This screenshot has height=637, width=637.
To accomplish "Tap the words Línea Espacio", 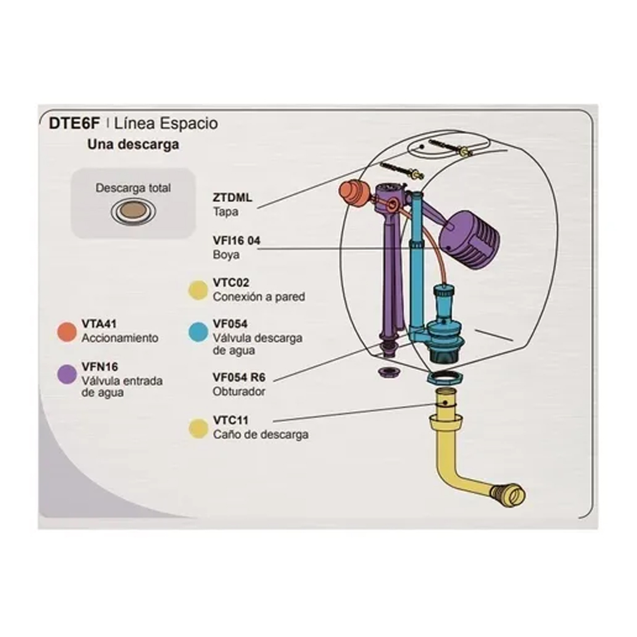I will [x=166, y=123].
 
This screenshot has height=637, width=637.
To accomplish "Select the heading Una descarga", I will [x=133, y=144].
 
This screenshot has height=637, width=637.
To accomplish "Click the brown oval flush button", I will [x=133, y=211].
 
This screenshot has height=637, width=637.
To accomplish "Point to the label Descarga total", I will [x=133, y=188].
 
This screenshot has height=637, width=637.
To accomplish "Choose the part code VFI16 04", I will [x=236, y=241].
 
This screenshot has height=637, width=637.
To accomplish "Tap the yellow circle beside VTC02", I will [x=198, y=290].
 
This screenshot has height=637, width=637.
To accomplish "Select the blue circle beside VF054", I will [x=198, y=331].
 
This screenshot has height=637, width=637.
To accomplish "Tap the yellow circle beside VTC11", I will [x=198, y=428].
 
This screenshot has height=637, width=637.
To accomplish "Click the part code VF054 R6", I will [x=239, y=377].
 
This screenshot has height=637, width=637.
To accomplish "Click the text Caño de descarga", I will [x=260, y=435].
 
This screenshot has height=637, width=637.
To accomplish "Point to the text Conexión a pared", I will [x=259, y=297].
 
